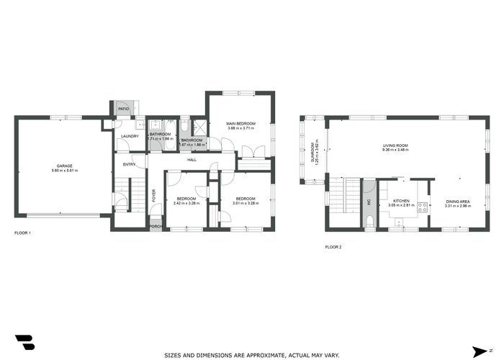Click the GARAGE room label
point(64,166)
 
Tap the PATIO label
point(123,109)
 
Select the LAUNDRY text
point(130,136)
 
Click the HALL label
point(192,160)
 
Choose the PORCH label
point(155,227)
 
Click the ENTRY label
point(130,164)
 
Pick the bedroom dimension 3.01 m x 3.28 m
point(245,203)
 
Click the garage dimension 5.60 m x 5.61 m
point(64,171)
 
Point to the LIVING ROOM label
point(395,146)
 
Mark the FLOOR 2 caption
point(333,247)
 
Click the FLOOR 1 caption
point(23,233)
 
